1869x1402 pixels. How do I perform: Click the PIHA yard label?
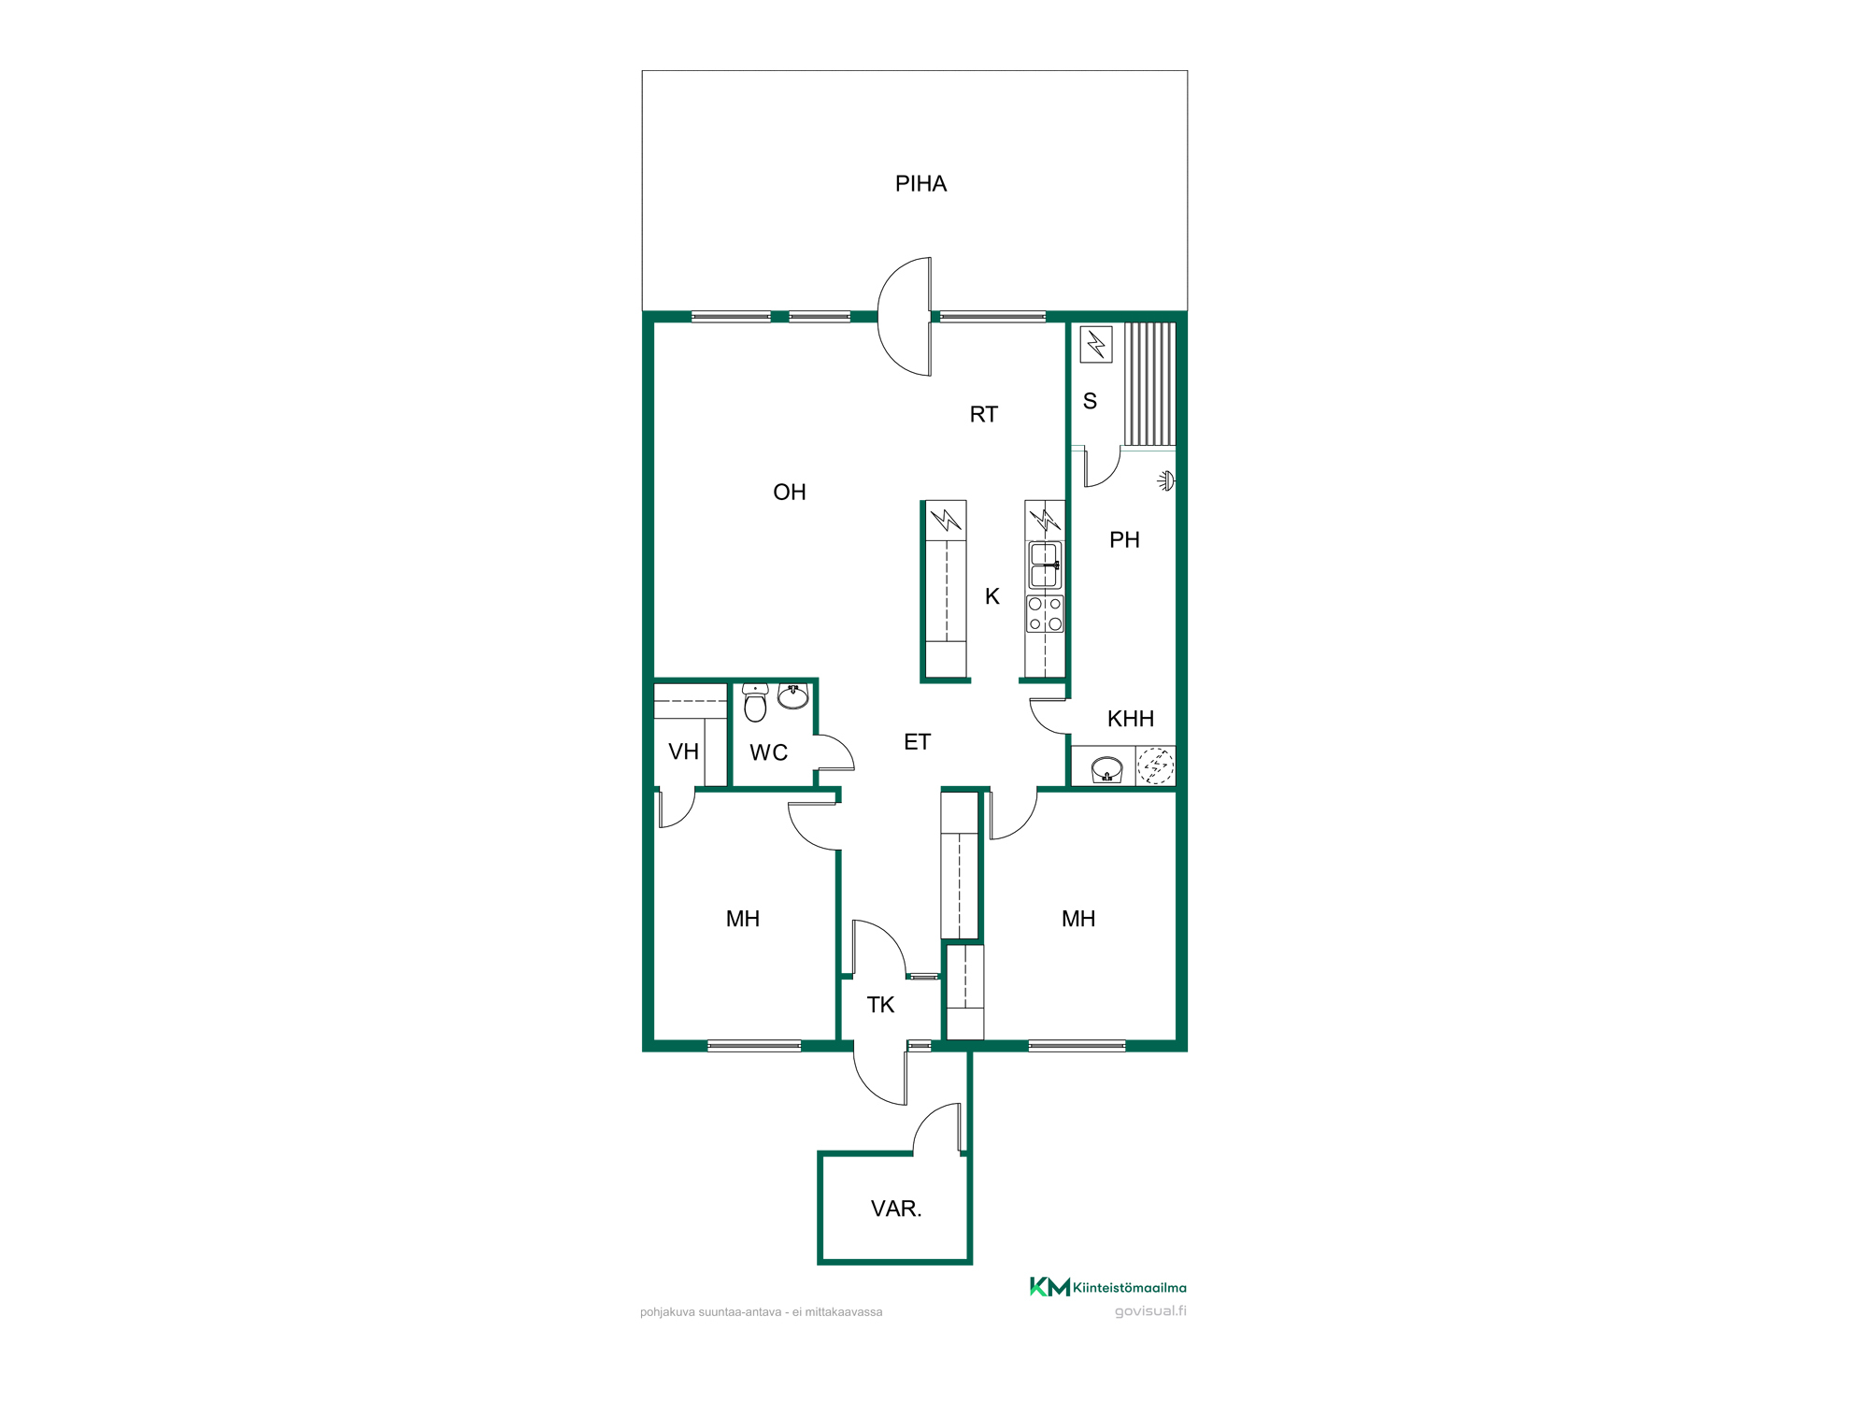(x=920, y=184)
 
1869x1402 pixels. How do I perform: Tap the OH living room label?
(x=790, y=493)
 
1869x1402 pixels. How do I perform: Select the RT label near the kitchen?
(x=984, y=415)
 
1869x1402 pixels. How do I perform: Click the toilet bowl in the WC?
(x=755, y=703)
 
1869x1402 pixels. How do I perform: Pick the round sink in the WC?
(x=793, y=695)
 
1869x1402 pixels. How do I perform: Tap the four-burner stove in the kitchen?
(x=1045, y=614)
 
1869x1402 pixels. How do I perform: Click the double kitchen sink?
(x=1045, y=565)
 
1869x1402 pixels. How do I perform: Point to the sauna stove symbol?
(x=1096, y=344)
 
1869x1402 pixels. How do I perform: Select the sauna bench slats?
(x=1149, y=384)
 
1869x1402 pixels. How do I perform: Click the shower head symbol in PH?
(x=1166, y=481)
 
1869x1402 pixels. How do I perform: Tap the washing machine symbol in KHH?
(x=1156, y=766)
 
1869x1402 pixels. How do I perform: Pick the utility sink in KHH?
(x=1106, y=769)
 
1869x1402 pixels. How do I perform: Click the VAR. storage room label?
(x=896, y=1209)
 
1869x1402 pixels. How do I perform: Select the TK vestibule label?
(x=880, y=1006)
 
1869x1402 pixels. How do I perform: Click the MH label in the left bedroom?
(x=743, y=920)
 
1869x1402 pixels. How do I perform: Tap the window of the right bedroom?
(x=1077, y=1046)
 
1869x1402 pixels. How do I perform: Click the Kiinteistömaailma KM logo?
(x=1107, y=1287)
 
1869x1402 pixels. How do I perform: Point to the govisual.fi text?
(x=1150, y=1311)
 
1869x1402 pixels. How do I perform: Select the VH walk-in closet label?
(x=684, y=752)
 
